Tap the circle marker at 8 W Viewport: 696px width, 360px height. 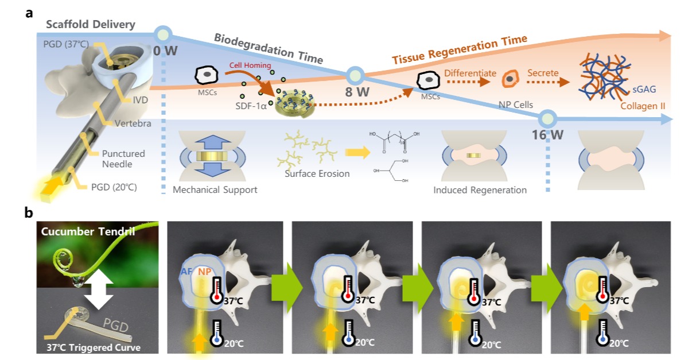click(356, 75)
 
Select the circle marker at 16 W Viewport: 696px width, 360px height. click(549, 119)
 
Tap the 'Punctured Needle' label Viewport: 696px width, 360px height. click(123, 159)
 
